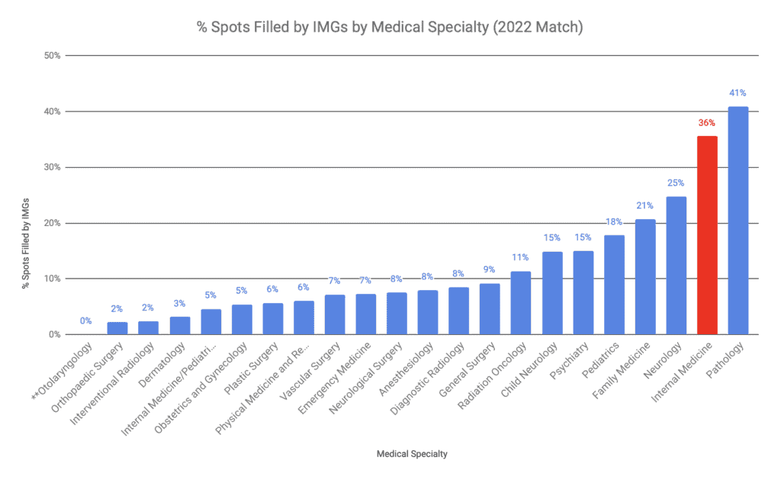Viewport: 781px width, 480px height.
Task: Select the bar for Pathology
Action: (738, 221)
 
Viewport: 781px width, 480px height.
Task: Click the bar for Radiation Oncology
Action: (520, 303)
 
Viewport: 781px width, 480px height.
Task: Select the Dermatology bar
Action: (180, 326)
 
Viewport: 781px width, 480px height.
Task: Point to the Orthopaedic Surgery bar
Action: (117, 328)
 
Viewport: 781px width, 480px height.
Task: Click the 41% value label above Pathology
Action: (738, 92)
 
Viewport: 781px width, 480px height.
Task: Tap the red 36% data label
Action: (707, 122)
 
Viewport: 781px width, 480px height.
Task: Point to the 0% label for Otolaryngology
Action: (86, 321)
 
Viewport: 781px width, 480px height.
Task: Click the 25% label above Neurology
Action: (676, 182)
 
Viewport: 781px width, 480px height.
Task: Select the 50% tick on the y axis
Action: (52, 56)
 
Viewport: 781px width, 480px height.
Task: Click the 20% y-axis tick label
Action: (52, 223)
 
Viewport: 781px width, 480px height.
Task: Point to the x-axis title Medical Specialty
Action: (412, 454)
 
